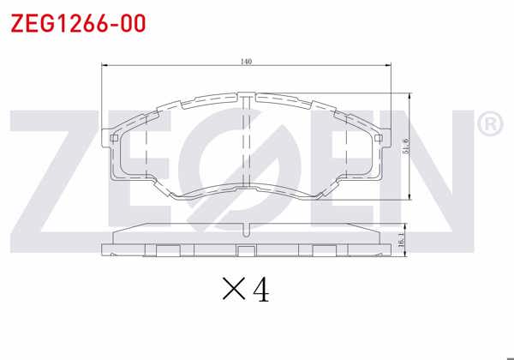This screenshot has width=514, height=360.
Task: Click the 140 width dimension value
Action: click(247, 61)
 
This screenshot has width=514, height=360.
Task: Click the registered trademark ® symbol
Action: click(488, 125)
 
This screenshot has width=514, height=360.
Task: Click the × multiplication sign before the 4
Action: click(233, 291)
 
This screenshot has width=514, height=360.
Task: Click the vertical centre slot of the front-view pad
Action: click(247, 141)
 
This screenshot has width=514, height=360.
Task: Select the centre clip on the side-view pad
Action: click(247, 250)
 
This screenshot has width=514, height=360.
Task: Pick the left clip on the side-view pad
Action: click(168, 250)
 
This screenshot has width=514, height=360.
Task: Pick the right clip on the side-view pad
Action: click(325, 250)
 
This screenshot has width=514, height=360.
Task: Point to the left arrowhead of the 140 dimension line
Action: click(105, 66)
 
